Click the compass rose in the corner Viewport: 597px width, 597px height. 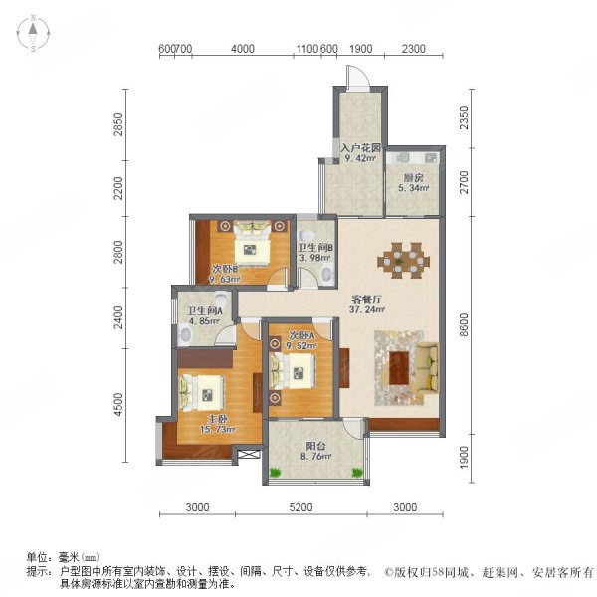(x=33, y=33)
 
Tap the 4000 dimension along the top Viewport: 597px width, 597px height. (x=243, y=49)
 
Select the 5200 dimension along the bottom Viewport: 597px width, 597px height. (x=300, y=507)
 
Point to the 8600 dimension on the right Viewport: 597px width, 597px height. (x=464, y=324)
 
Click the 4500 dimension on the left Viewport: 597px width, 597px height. (x=118, y=404)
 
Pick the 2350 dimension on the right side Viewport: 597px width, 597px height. (x=464, y=118)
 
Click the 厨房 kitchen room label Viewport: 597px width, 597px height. (x=414, y=178)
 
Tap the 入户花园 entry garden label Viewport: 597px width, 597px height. (x=360, y=147)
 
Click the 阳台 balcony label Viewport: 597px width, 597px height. (x=315, y=446)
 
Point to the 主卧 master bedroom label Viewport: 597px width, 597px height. (x=217, y=419)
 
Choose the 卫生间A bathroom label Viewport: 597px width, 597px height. (x=205, y=311)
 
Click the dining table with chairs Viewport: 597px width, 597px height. (x=404, y=261)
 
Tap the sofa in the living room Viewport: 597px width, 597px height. (x=427, y=367)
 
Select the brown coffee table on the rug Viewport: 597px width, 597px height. (x=399, y=368)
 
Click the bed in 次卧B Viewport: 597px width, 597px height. (x=252, y=244)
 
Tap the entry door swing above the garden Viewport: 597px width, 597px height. (x=358, y=78)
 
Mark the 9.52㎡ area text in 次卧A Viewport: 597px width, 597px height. (x=301, y=346)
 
